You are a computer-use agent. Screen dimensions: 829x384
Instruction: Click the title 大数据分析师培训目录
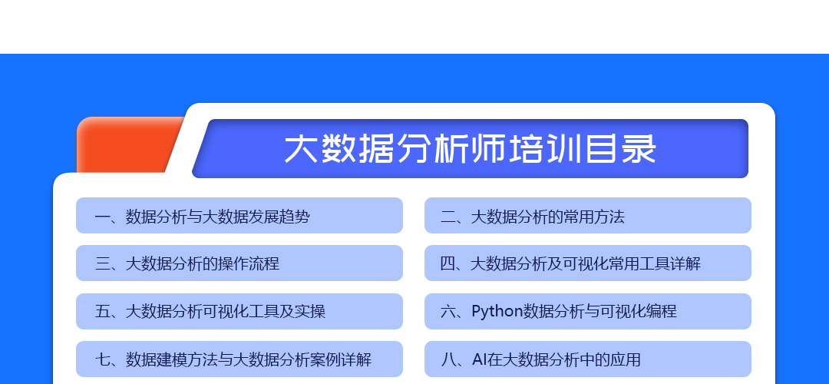470,149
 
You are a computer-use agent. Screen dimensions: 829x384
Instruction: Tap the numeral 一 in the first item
102,217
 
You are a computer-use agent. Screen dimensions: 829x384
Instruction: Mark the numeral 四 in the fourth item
448,263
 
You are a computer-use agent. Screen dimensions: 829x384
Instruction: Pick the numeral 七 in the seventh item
102,359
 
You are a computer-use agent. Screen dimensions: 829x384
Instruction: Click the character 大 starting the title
301,149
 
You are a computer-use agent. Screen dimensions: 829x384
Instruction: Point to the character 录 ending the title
640,149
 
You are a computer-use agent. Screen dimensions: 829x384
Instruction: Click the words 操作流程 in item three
249,263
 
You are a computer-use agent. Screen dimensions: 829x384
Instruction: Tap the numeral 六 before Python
448,312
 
